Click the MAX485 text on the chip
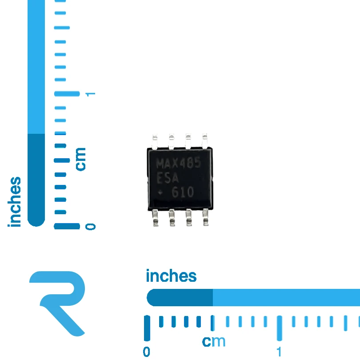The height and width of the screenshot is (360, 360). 179,163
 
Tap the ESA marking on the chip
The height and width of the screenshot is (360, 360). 168,178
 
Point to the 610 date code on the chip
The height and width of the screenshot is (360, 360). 183,192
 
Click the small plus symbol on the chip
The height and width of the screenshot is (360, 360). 160,192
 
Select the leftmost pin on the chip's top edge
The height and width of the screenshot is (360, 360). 155,141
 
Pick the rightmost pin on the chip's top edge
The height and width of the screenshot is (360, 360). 205,140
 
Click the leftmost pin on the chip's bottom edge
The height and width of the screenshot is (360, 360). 156,218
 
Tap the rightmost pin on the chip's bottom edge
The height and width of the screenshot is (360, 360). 206,217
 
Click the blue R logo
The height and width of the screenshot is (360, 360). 57,304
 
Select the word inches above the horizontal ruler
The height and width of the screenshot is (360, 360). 171,276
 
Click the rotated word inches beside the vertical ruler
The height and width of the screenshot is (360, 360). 15,202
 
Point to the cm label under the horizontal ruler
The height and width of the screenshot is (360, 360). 214,341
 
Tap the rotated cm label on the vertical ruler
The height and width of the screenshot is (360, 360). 81,159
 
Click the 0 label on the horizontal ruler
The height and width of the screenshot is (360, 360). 147,352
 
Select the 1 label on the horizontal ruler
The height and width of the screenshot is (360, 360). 279,352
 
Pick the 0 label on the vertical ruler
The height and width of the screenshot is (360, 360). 90,227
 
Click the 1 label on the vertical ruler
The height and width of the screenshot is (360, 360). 90,94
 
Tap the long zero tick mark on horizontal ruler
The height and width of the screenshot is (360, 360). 147,328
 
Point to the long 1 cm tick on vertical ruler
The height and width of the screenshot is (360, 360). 67,94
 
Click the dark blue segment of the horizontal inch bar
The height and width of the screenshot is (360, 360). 180,297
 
